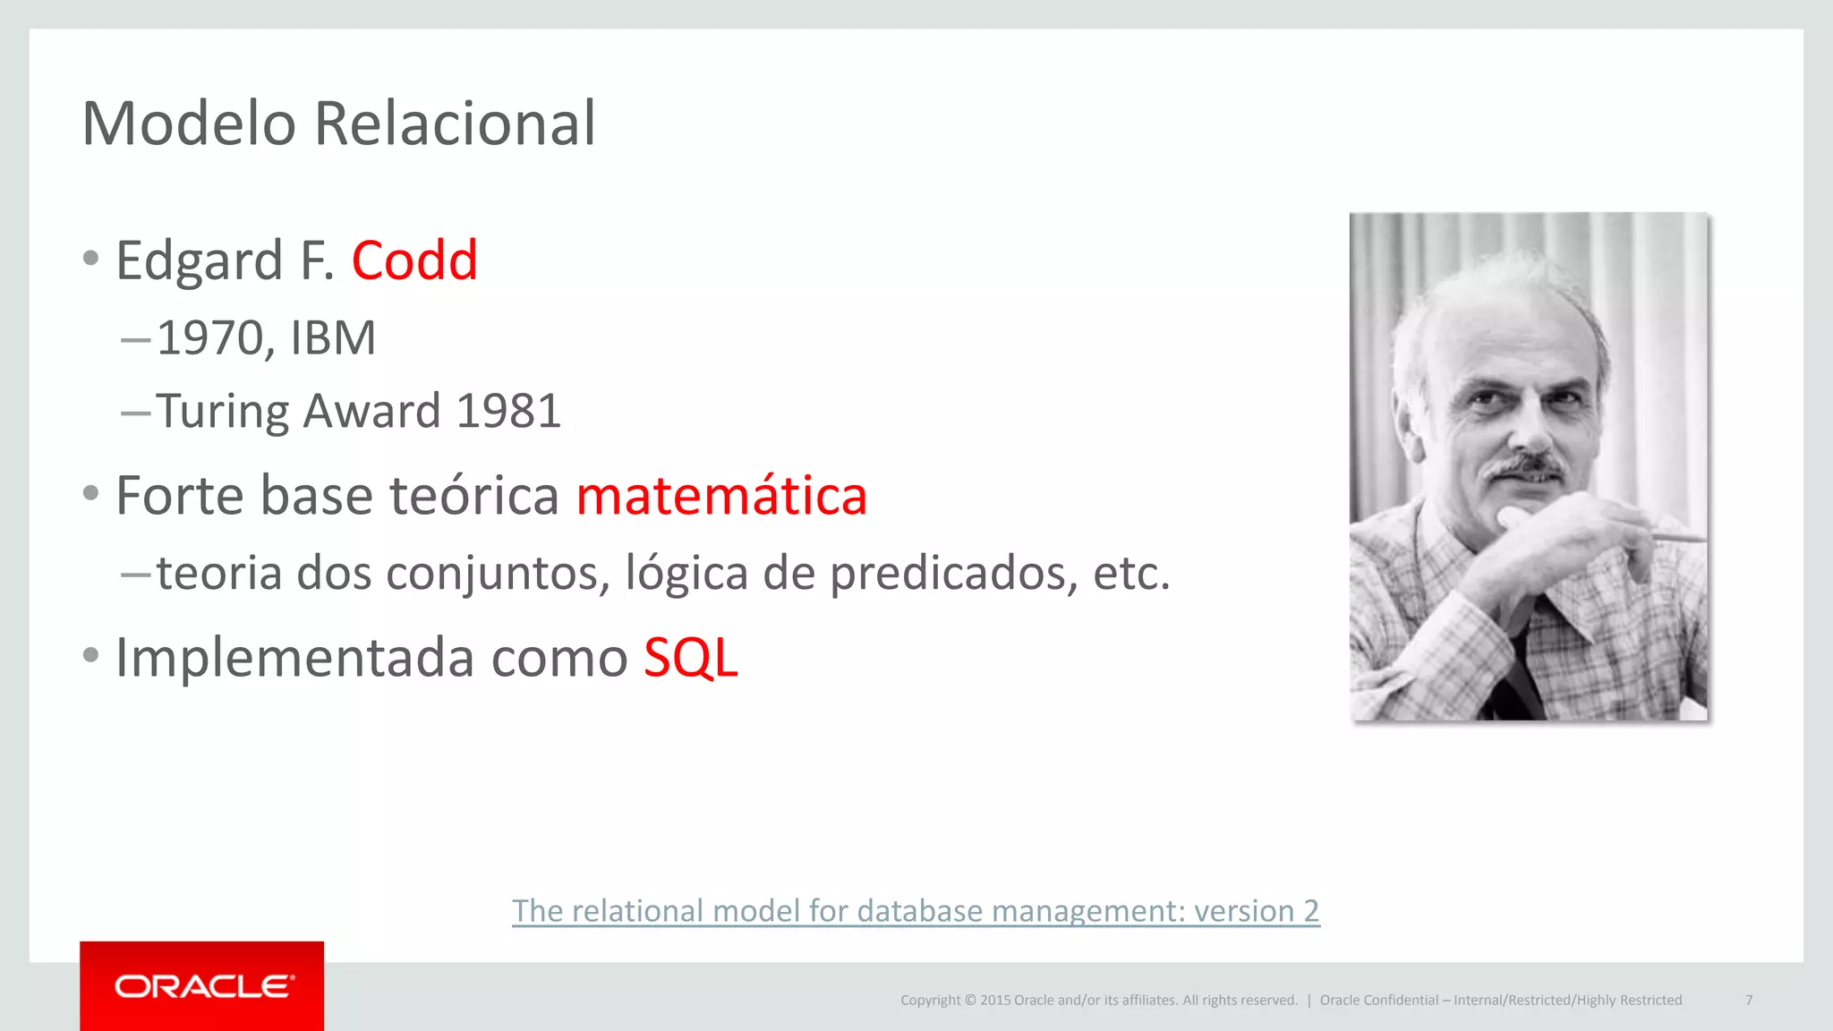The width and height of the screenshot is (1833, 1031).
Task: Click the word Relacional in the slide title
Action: coord(455,124)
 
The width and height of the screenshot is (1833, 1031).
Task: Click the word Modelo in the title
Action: coord(189,124)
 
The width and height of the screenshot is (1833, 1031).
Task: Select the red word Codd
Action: coord(414,261)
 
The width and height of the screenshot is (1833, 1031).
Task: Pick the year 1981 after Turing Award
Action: coord(507,412)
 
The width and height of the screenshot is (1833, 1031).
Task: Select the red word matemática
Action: coord(721,497)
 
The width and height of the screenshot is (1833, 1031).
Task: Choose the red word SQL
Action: coord(690,659)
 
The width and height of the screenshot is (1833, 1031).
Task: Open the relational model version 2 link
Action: coord(916,911)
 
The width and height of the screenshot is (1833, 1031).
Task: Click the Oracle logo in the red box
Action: coord(203,986)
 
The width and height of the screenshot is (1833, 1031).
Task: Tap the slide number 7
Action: coord(1748,1000)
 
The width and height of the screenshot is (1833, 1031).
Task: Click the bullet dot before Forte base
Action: coord(90,493)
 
